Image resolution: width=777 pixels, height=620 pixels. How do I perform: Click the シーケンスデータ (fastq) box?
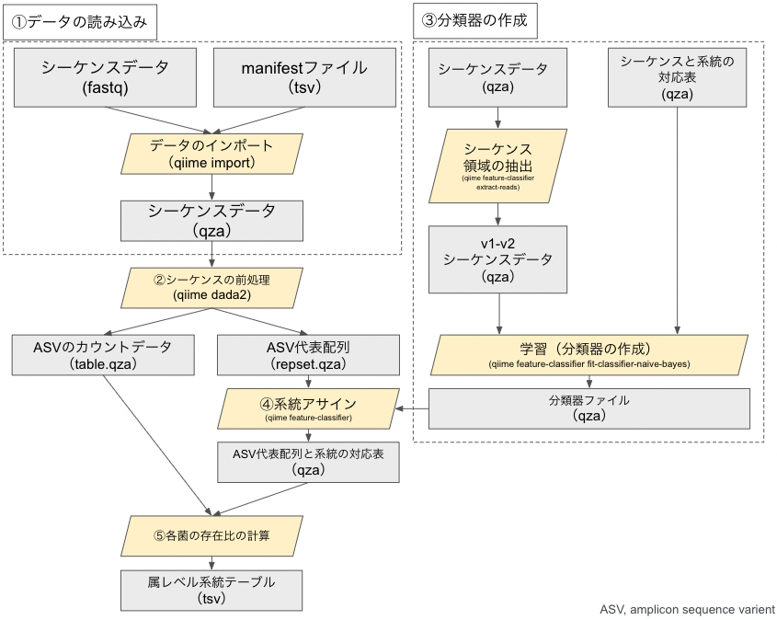pos(105,77)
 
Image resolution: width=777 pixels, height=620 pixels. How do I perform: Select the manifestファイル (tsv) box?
pos(304,77)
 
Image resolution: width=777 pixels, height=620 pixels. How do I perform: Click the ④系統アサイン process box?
pos(308,408)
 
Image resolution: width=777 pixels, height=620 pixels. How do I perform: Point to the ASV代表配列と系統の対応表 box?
pos(308,461)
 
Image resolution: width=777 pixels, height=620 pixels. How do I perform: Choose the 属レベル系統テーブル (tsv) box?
pos(211,590)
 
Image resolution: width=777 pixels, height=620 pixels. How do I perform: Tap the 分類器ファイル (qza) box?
pos(589,408)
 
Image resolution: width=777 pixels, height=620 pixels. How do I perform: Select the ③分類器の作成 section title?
pos(470,19)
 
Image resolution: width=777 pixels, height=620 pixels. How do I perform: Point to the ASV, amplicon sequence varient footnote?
pos(686,609)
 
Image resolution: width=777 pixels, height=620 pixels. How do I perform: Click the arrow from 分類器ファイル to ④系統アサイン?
pos(414,408)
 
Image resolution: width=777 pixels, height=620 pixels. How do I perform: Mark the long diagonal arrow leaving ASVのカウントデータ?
pos(156,442)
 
